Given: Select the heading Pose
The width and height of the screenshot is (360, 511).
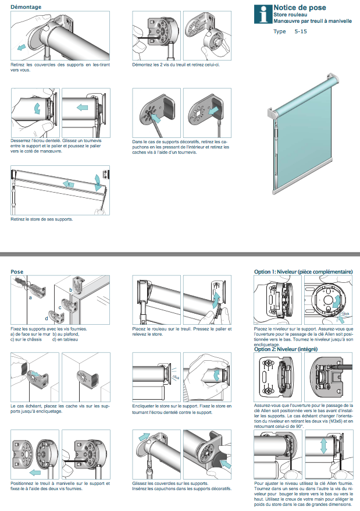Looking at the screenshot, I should coord(17,271).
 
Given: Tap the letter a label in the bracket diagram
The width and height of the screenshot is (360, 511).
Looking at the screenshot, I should coord(29,297).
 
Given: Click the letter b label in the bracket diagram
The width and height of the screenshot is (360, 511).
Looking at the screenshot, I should coord(70,289).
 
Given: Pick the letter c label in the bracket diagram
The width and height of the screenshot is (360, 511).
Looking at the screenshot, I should coord(60,307).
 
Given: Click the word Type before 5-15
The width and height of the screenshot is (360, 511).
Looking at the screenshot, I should coord(280,31).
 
